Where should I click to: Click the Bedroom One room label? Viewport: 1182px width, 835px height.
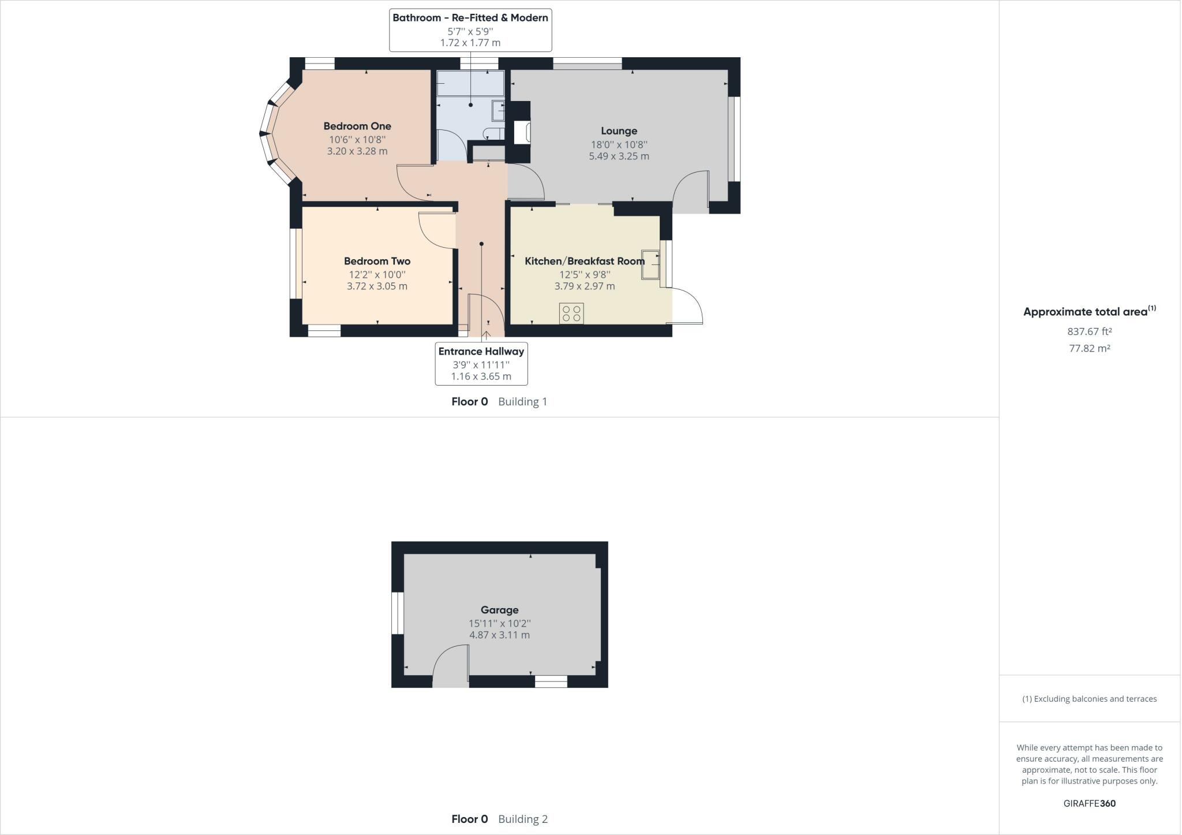(x=357, y=126)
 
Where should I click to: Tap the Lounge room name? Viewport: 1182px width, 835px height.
(x=619, y=131)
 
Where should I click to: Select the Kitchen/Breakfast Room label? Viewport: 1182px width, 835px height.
(x=584, y=261)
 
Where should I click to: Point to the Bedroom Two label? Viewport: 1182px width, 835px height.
(x=377, y=261)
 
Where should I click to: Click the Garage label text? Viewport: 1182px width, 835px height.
(x=499, y=610)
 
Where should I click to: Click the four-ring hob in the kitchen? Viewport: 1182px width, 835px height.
(x=571, y=313)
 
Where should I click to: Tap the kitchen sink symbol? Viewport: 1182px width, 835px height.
(x=650, y=265)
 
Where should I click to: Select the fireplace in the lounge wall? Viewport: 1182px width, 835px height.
(x=522, y=132)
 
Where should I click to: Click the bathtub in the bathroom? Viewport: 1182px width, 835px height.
(x=470, y=84)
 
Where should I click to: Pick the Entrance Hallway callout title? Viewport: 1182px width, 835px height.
(x=481, y=351)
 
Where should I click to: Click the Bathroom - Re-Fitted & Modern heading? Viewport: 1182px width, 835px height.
(x=470, y=18)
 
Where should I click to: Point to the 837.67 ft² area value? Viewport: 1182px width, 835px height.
(x=1089, y=331)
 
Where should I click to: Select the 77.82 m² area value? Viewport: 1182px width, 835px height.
(x=1089, y=348)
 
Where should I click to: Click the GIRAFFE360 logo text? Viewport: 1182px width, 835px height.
(x=1089, y=803)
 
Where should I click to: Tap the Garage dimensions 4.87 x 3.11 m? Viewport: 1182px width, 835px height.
(x=499, y=635)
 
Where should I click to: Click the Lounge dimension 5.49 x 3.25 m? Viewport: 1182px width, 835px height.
(x=619, y=156)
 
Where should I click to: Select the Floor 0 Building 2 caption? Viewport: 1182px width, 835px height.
(x=499, y=819)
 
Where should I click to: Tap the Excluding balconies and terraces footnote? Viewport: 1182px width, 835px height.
(x=1089, y=699)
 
